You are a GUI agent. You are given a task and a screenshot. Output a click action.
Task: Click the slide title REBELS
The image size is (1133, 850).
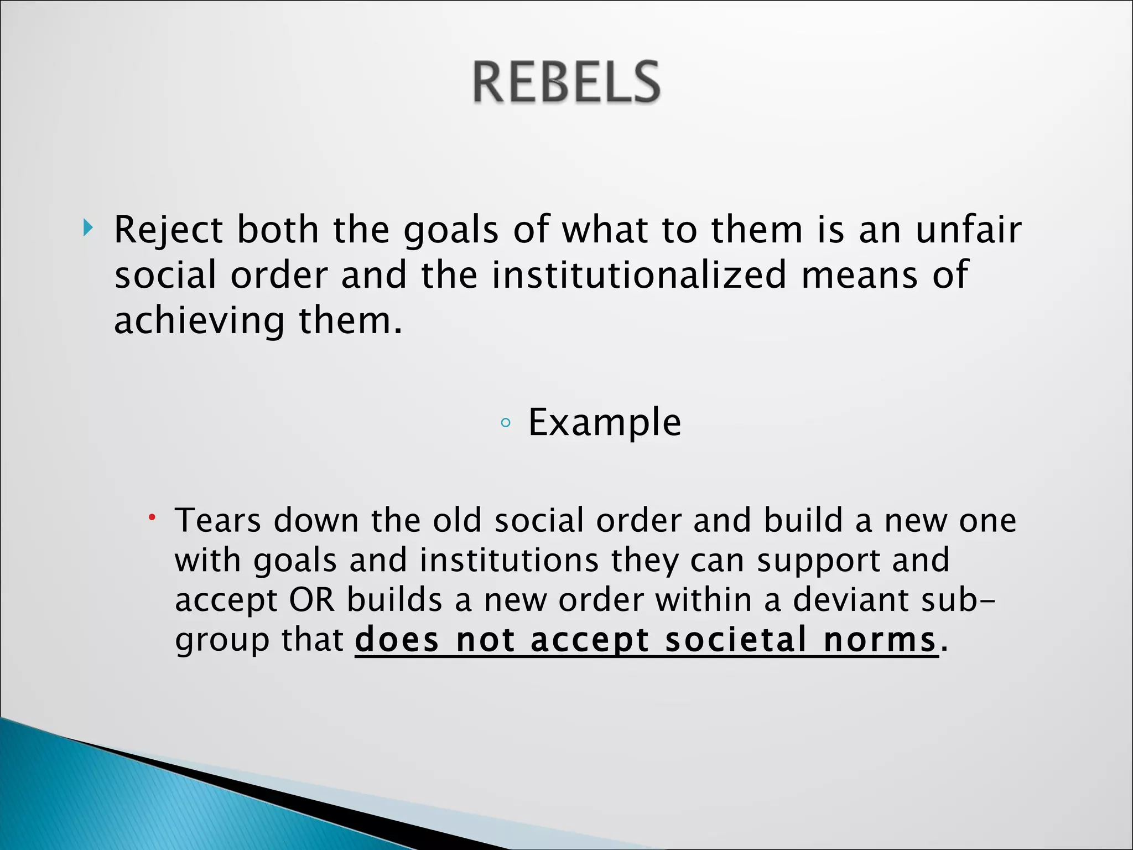point(566,83)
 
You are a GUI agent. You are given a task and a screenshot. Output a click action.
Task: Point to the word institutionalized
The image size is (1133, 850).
point(639,275)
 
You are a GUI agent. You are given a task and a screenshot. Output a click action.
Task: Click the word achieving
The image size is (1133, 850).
point(199,321)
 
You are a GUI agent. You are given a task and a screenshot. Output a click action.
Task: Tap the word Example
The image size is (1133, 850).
point(605,423)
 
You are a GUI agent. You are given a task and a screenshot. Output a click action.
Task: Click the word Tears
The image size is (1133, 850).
point(217,521)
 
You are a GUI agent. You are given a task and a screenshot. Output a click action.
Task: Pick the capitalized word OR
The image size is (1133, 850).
point(312,600)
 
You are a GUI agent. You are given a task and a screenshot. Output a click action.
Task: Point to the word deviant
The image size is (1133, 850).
point(851,600)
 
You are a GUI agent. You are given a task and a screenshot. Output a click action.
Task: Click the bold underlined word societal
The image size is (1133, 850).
point(736,640)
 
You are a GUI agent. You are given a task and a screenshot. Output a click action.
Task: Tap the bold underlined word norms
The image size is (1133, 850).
point(880,640)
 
